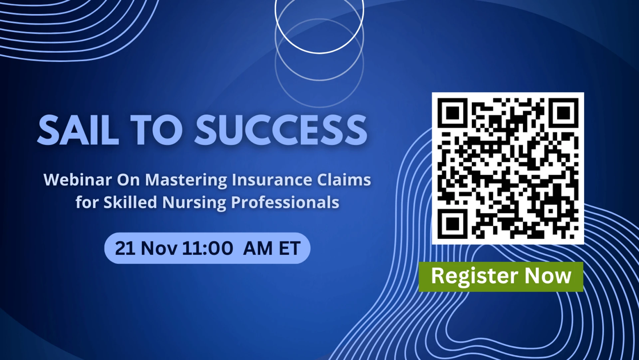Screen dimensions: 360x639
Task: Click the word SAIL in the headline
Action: click(78, 130)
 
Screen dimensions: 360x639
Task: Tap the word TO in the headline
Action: click(156, 130)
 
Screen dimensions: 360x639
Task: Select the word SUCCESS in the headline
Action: click(281, 130)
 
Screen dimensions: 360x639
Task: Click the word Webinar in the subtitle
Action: click(78, 180)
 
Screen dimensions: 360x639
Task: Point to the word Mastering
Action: click(186, 180)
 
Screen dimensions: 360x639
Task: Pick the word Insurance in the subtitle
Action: click(272, 180)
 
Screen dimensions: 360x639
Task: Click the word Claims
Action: click(344, 180)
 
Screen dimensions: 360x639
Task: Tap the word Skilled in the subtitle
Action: click(130, 202)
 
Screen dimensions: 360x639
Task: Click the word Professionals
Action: click(285, 202)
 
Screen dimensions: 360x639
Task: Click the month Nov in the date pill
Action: click(159, 248)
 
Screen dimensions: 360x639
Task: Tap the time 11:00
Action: click(208, 248)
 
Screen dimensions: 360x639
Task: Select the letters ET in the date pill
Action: click(290, 248)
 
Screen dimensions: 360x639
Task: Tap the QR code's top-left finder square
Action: click(452, 113)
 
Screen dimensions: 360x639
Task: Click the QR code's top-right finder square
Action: click(563, 113)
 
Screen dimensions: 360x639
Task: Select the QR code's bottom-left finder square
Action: click(452, 224)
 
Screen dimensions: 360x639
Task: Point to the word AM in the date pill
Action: click(258, 248)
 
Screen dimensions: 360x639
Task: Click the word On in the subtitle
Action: click(128, 180)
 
